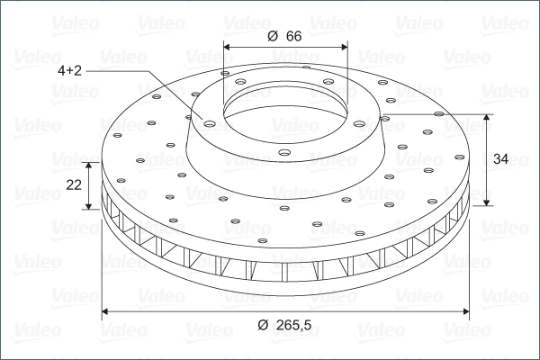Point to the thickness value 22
(75, 184)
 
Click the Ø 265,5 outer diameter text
(288, 325)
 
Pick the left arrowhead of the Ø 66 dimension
(228, 46)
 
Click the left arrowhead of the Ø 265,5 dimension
(106, 311)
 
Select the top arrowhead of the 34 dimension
(487, 119)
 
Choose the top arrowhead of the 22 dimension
(90, 166)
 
